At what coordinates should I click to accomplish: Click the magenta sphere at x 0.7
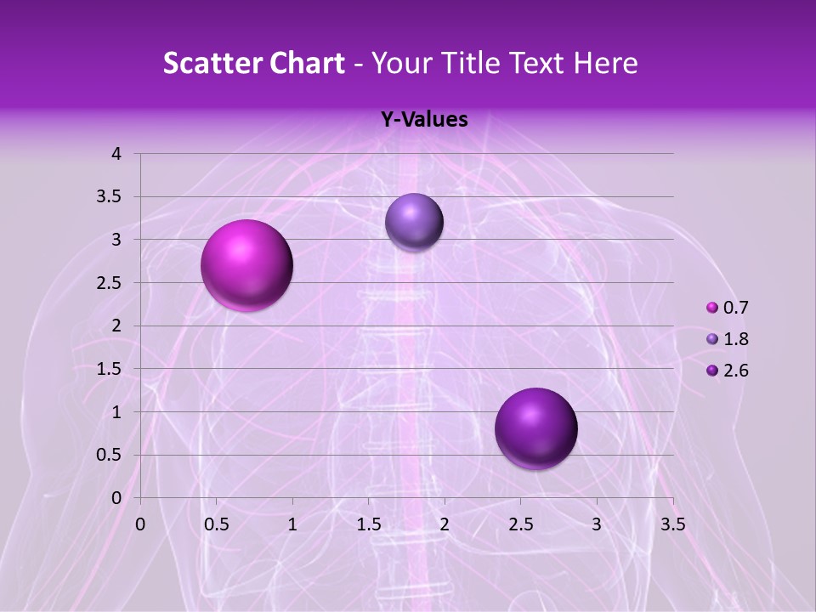pos(247,265)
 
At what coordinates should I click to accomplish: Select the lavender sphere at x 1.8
pos(414,222)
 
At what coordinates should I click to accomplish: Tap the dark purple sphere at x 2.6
pos(535,428)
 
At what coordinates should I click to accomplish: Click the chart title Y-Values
pos(423,120)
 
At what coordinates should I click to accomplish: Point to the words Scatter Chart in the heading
pos(253,63)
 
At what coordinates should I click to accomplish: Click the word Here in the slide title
pos(606,63)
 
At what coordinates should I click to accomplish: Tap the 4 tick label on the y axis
pos(116,154)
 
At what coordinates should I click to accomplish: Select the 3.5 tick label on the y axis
pos(110,197)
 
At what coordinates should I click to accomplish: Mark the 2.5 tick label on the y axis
pos(110,283)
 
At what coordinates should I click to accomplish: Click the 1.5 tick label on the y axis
pos(110,369)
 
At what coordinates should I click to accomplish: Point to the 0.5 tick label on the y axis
pos(110,456)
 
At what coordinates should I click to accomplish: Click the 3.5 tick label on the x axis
pos(672,524)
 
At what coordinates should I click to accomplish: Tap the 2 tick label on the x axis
pos(444,524)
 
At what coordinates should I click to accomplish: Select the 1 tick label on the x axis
pos(292,524)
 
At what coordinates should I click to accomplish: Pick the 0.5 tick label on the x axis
pos(216,524)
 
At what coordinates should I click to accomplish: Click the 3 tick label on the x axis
pos(597,524)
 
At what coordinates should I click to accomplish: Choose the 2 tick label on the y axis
pos(116,326)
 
